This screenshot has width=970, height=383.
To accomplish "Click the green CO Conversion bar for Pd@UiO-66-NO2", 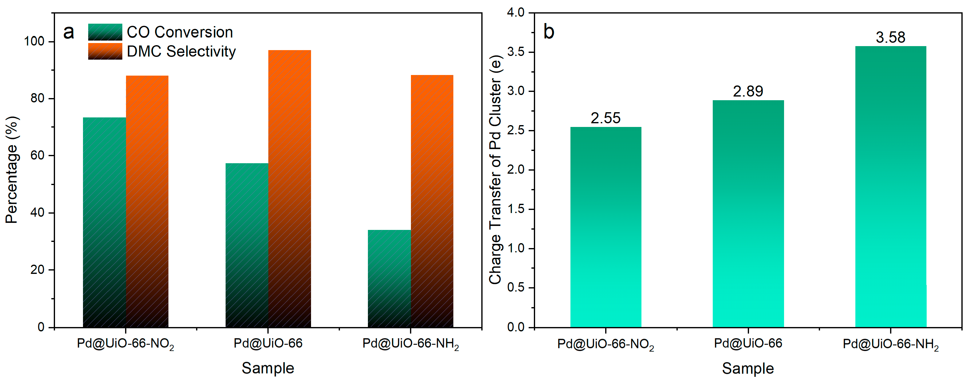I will click(x=104, y=222).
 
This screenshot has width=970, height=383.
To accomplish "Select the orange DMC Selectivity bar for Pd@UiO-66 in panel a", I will click(x=290, y=188).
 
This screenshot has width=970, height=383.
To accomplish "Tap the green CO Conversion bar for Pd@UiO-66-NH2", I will click(x=389, y=279).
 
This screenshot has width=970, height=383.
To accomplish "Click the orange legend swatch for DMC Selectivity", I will click(x=105, y=51).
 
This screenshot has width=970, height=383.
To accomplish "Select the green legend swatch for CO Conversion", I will click(x=105, y=32).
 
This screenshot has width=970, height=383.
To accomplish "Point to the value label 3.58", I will click(x=890, y=37).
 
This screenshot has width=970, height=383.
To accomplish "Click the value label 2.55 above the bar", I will click(x=605, y=118).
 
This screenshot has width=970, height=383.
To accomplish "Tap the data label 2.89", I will click(x=748, y=91).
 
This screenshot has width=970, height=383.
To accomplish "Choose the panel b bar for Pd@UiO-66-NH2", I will click(x=890, y=186).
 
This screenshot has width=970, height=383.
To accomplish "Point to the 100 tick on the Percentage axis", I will click(x=34, y=41).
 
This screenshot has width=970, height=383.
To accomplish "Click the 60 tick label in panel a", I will click(x=37, y=155).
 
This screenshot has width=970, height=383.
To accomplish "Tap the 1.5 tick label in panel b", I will click(x=515, y=209).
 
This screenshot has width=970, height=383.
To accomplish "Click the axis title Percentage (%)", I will click(x=12, y=169).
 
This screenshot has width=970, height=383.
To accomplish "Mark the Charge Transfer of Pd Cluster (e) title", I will click(x=495, y=169).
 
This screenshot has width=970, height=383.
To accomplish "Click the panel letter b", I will click(x=549, y=32).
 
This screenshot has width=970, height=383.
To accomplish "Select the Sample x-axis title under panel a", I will click(x=268, y=368).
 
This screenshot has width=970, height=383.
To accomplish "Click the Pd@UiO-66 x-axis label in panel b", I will click(x=748, y=343).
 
